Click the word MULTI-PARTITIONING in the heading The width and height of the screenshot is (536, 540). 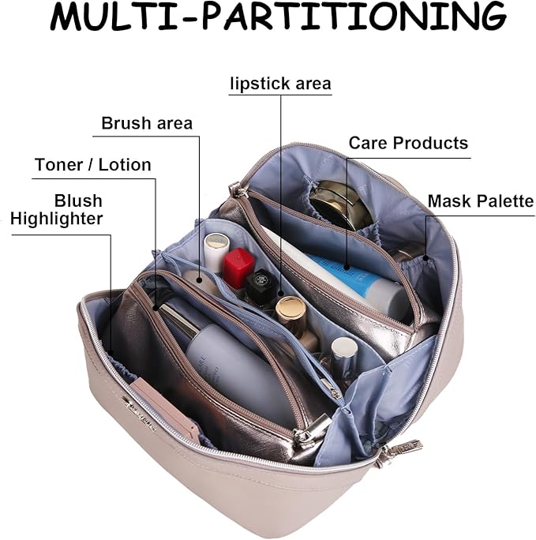(277, 17)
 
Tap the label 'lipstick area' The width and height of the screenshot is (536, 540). (280, 84)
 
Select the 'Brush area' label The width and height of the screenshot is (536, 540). (147, 124)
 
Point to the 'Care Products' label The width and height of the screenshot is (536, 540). (408, 143)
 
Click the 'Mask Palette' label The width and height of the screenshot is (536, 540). (480, 201)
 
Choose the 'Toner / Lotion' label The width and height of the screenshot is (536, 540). (93, 165)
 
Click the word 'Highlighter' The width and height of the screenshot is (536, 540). (57, 219)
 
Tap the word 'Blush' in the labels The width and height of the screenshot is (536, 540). (78, 201)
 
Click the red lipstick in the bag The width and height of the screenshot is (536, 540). (238, 266)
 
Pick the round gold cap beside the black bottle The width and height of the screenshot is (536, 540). (290, 311)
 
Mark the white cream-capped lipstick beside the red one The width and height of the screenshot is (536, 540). (215, 251)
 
